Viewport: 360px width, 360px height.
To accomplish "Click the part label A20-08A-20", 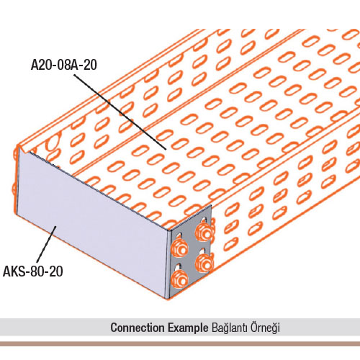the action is click(x=64, y=65).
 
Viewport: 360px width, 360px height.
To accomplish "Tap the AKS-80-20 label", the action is click(x=33, y=271).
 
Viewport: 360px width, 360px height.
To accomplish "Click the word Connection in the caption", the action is click(x=138, y=328).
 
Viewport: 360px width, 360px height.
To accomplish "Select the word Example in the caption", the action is click(x=188, y=328).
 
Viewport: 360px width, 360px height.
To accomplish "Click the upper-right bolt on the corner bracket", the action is click(x=204, y=232).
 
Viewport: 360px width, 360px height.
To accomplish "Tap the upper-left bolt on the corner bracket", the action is click(x=179, y=248).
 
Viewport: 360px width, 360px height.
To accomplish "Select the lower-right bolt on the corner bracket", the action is click(x=204, y=263).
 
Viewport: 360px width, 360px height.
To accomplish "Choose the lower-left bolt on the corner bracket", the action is click(x=179, y=279).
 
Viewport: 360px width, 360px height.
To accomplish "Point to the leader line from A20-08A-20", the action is click(x=120, y=112).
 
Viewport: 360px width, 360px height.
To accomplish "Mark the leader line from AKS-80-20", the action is click(x=46, y=244).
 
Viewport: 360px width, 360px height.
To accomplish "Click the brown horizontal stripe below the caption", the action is click(x=180, y=343).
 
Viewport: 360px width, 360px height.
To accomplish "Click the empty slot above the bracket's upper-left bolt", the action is click(x=179, y=236).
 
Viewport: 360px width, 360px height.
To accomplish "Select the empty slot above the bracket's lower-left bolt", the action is click(x=179, y=266).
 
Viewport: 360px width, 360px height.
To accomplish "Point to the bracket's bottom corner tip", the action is click(x=168, y=298).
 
